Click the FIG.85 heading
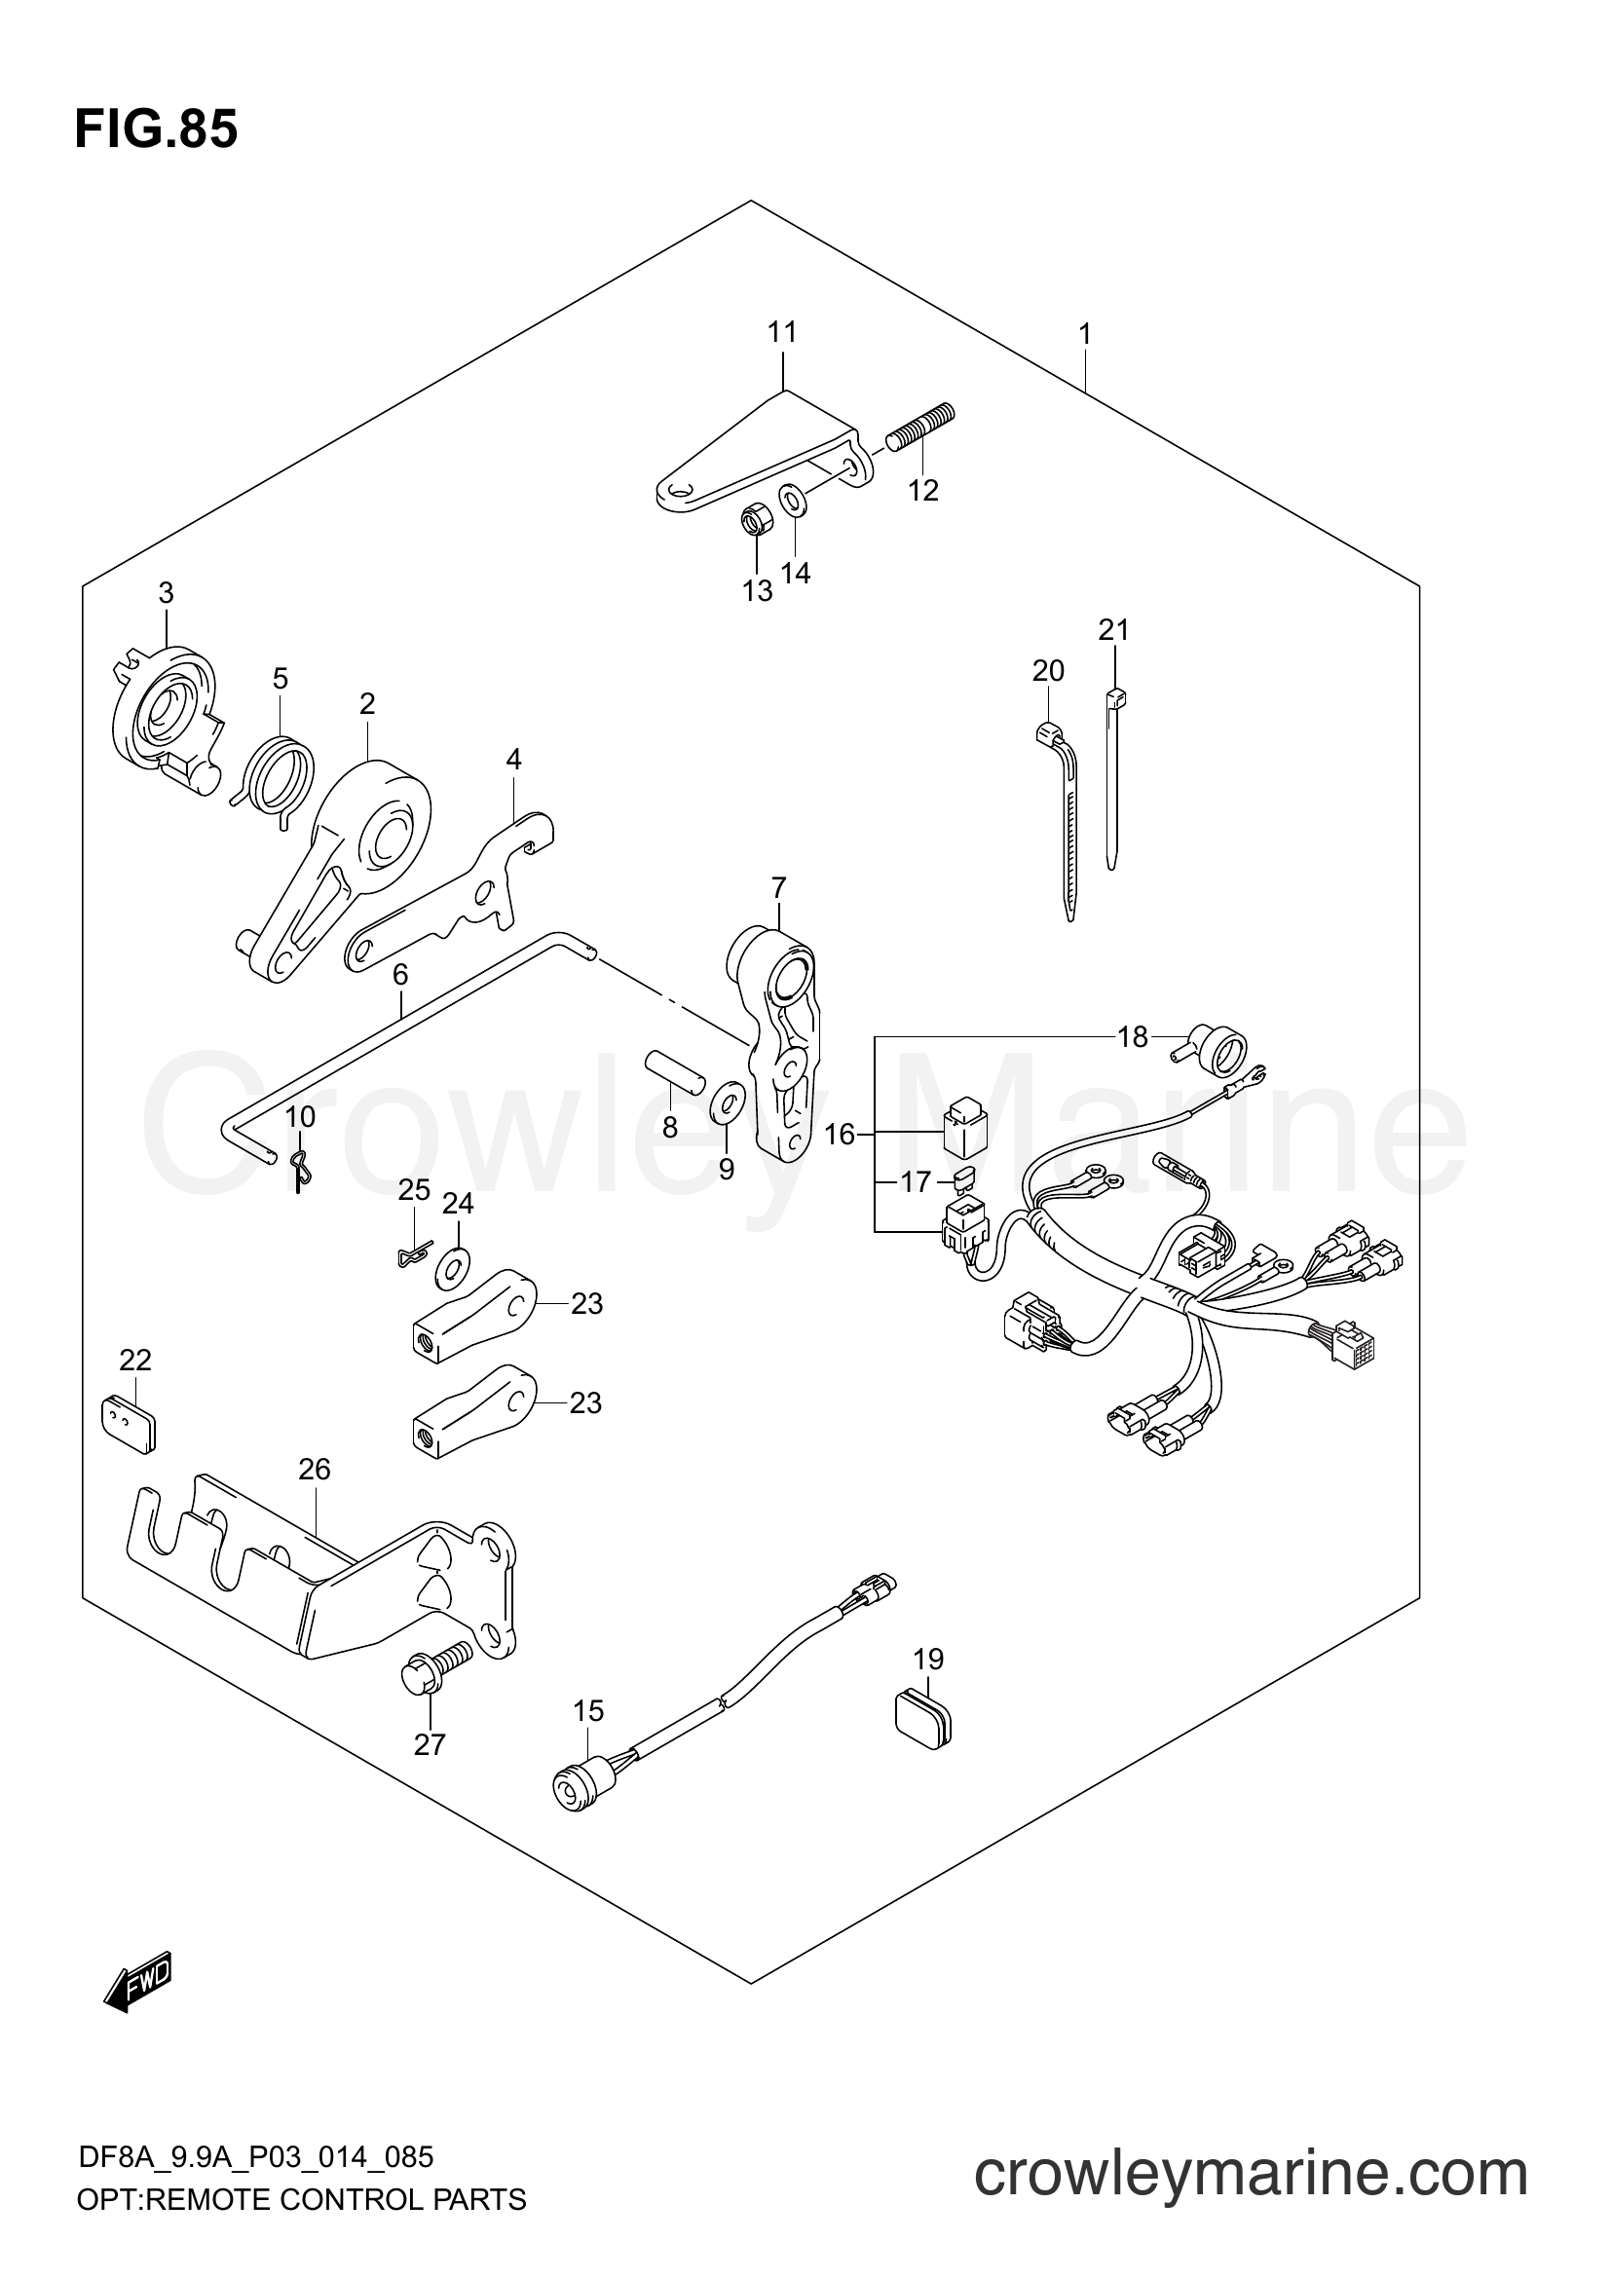click(x=156, y=129)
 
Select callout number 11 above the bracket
click(x=782, y=332)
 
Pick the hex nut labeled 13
click(x=752, y=520)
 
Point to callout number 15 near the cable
click(x=587, y=1710)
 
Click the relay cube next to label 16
click(x=964, y=1126)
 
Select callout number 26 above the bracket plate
click(x=314, y=1470)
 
